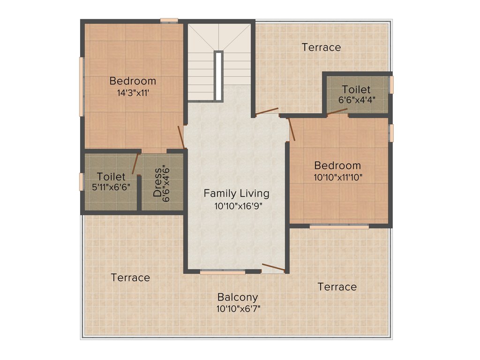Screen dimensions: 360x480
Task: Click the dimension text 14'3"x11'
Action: coord(133,93)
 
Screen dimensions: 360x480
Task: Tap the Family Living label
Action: coord(236,193)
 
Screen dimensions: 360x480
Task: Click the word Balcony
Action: coord(238,297)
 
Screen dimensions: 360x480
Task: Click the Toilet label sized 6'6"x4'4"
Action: coord(356,89)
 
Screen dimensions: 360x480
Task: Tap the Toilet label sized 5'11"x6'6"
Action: coord(111,177)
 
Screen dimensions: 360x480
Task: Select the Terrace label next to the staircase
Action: coord(321,47)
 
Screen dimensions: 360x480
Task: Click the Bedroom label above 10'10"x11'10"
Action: coord(337,165)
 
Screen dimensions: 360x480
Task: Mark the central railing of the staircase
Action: coord(218,75)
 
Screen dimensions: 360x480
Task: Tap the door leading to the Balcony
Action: coord(273,268)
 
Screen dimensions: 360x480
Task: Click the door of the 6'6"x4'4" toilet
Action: coord(337,112)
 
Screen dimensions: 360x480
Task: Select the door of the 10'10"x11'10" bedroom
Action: coord(292,129)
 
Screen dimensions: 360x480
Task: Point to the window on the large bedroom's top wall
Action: coord(169,20)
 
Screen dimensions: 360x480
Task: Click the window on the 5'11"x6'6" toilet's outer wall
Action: coord(81,182)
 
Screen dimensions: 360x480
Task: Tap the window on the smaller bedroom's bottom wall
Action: coord(339,226)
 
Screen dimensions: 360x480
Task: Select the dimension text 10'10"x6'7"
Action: coord(238,309)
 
